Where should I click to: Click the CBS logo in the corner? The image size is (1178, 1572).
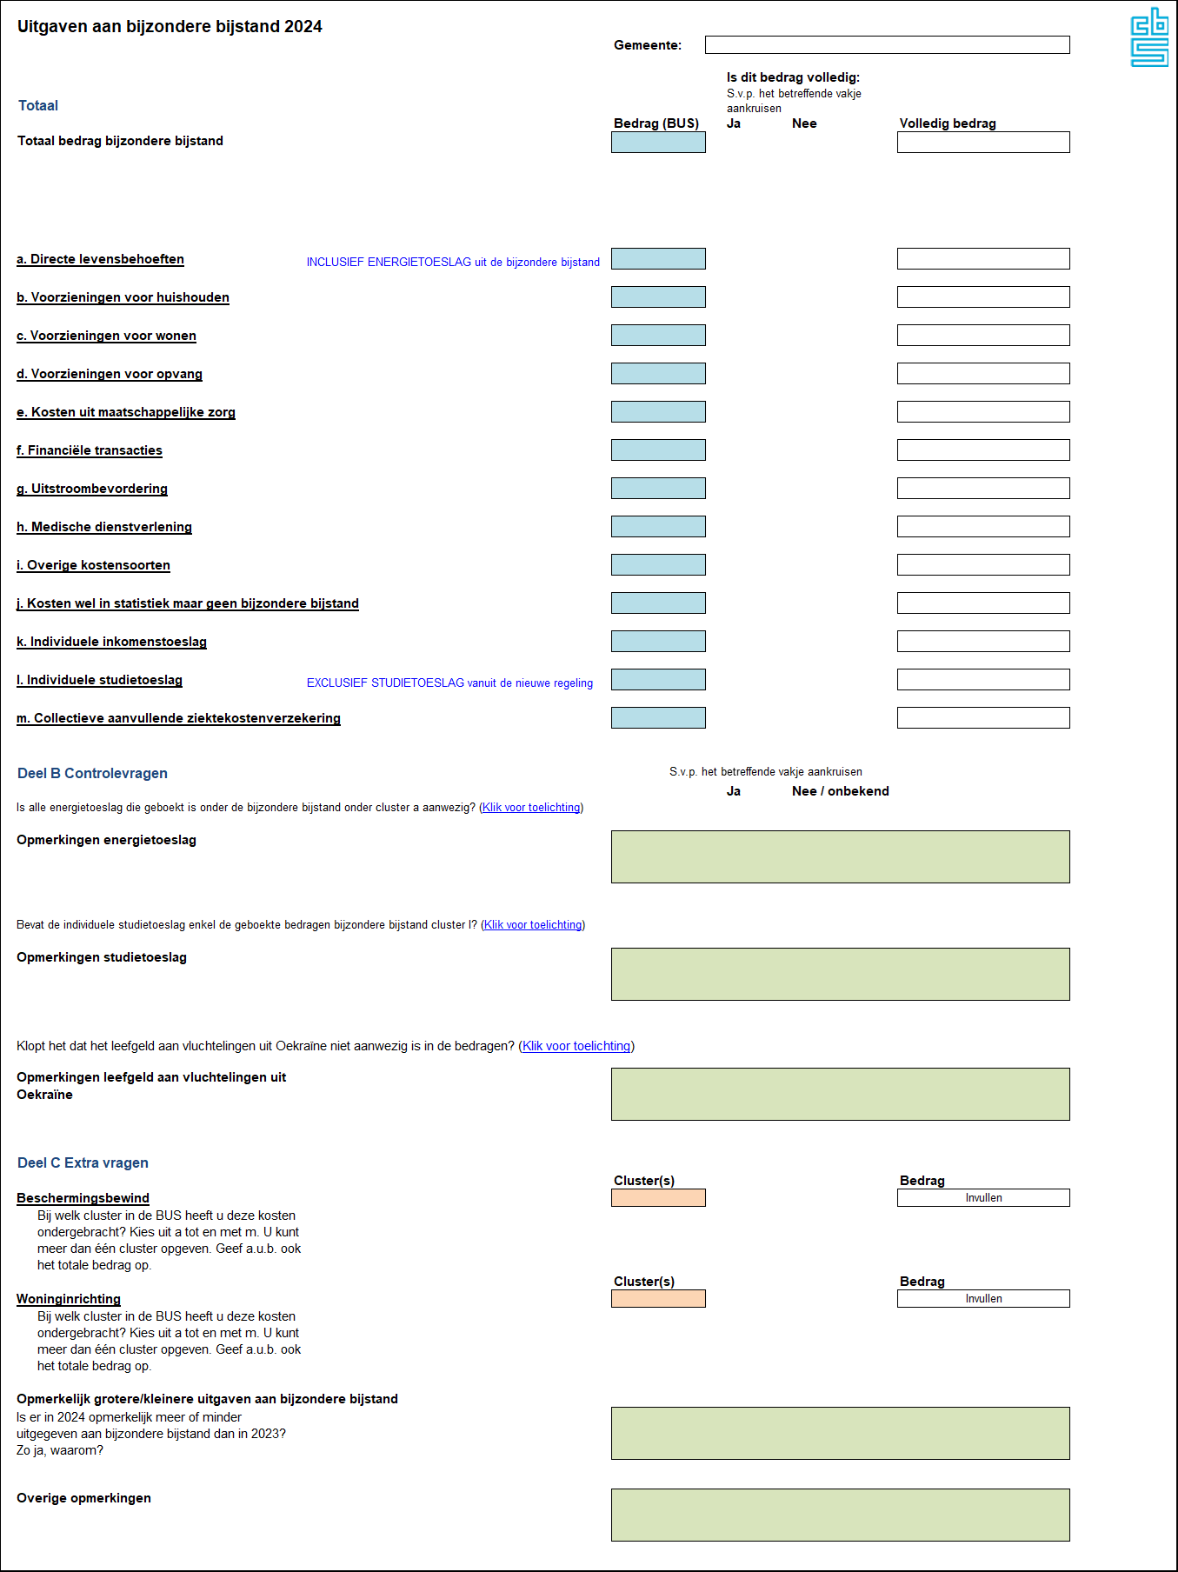[x=1148, y=37]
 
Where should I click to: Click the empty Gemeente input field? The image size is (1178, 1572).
[x=887, y=45]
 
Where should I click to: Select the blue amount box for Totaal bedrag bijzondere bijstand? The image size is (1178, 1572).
[x=658, y=143]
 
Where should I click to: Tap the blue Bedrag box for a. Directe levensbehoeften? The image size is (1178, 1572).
[x=658, y=259]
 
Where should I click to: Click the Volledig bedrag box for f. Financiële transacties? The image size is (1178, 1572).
[x=983, y=450]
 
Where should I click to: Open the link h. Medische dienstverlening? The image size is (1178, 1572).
[x=104, y=527]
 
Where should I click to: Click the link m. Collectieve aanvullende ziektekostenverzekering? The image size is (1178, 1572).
[x=178, y=718]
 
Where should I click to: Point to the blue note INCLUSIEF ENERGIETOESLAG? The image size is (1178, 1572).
[x=453, y=262]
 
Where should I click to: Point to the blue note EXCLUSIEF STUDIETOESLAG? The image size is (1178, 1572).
[x=449, y=683]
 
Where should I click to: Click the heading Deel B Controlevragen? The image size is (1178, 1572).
[x=92, y=773]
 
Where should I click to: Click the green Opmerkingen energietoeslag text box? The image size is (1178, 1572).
[x=840, y=856]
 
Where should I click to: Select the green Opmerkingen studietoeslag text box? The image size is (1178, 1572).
[x=840, y=974]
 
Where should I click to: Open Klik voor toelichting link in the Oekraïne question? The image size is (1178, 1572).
[x=576, y=1046]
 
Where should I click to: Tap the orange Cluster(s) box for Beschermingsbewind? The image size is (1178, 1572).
[x=658, y=1198]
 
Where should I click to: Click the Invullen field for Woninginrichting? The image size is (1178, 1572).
[x=983, y=1299]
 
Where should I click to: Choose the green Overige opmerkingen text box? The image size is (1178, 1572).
[x=840, y=1515]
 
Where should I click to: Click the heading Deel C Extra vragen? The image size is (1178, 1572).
[x=83, y=1162]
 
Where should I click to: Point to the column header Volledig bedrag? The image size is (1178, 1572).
[x=948, y=123]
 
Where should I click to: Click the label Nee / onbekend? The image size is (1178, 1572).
[x=840, y=791]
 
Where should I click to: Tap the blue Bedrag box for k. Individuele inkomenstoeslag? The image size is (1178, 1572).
[x=658, y=642]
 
